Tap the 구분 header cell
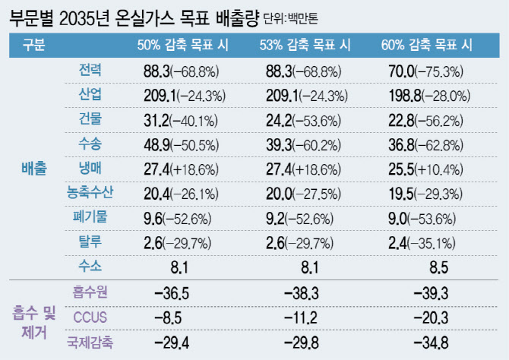[33, 45]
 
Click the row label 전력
[90, 71]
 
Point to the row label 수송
[90, 144]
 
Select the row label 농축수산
[90, 193]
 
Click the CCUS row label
[90, 315]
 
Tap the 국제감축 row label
[90, 342]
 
